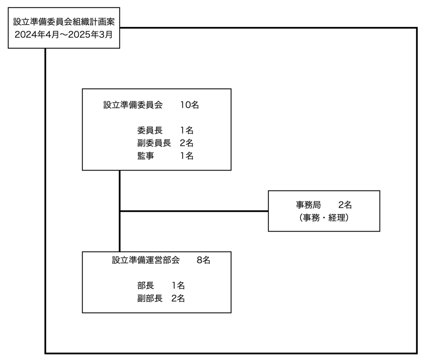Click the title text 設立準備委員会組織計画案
click(x=64, y=21)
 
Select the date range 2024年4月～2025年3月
click(x=64, y=35)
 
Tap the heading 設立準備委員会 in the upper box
click(x=133, y=104)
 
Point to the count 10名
click(x=189, y=104)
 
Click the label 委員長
click(x=150, y=130)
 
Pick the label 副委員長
click(x=154, y=143)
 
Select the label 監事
click(x=145, y=156)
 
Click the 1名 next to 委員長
click(x=187, y=130)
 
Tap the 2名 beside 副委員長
click(x=187, y=143)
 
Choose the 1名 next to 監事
click(x=187, y=156)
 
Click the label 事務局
click(x=308, y=205)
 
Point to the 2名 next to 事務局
click(x=345, y=205)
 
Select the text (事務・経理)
click(x=324, y=218)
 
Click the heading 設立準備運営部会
click(x=146, y=260)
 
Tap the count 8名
click(x=203, y=260)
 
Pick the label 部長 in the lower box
click(x=145, y=285)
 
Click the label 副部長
click(x=150, y=298)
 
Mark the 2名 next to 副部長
click(x=178, y=298)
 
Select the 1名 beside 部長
click(x=178, y=285)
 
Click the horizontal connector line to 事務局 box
click(x=194, y=211)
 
